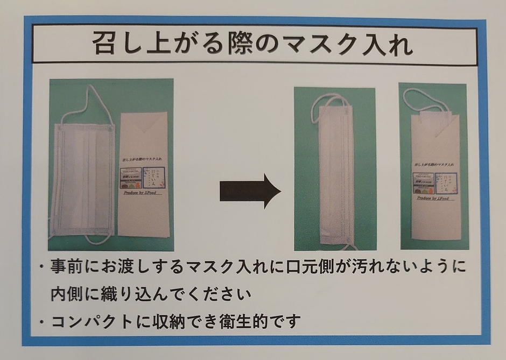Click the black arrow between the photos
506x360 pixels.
250,190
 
